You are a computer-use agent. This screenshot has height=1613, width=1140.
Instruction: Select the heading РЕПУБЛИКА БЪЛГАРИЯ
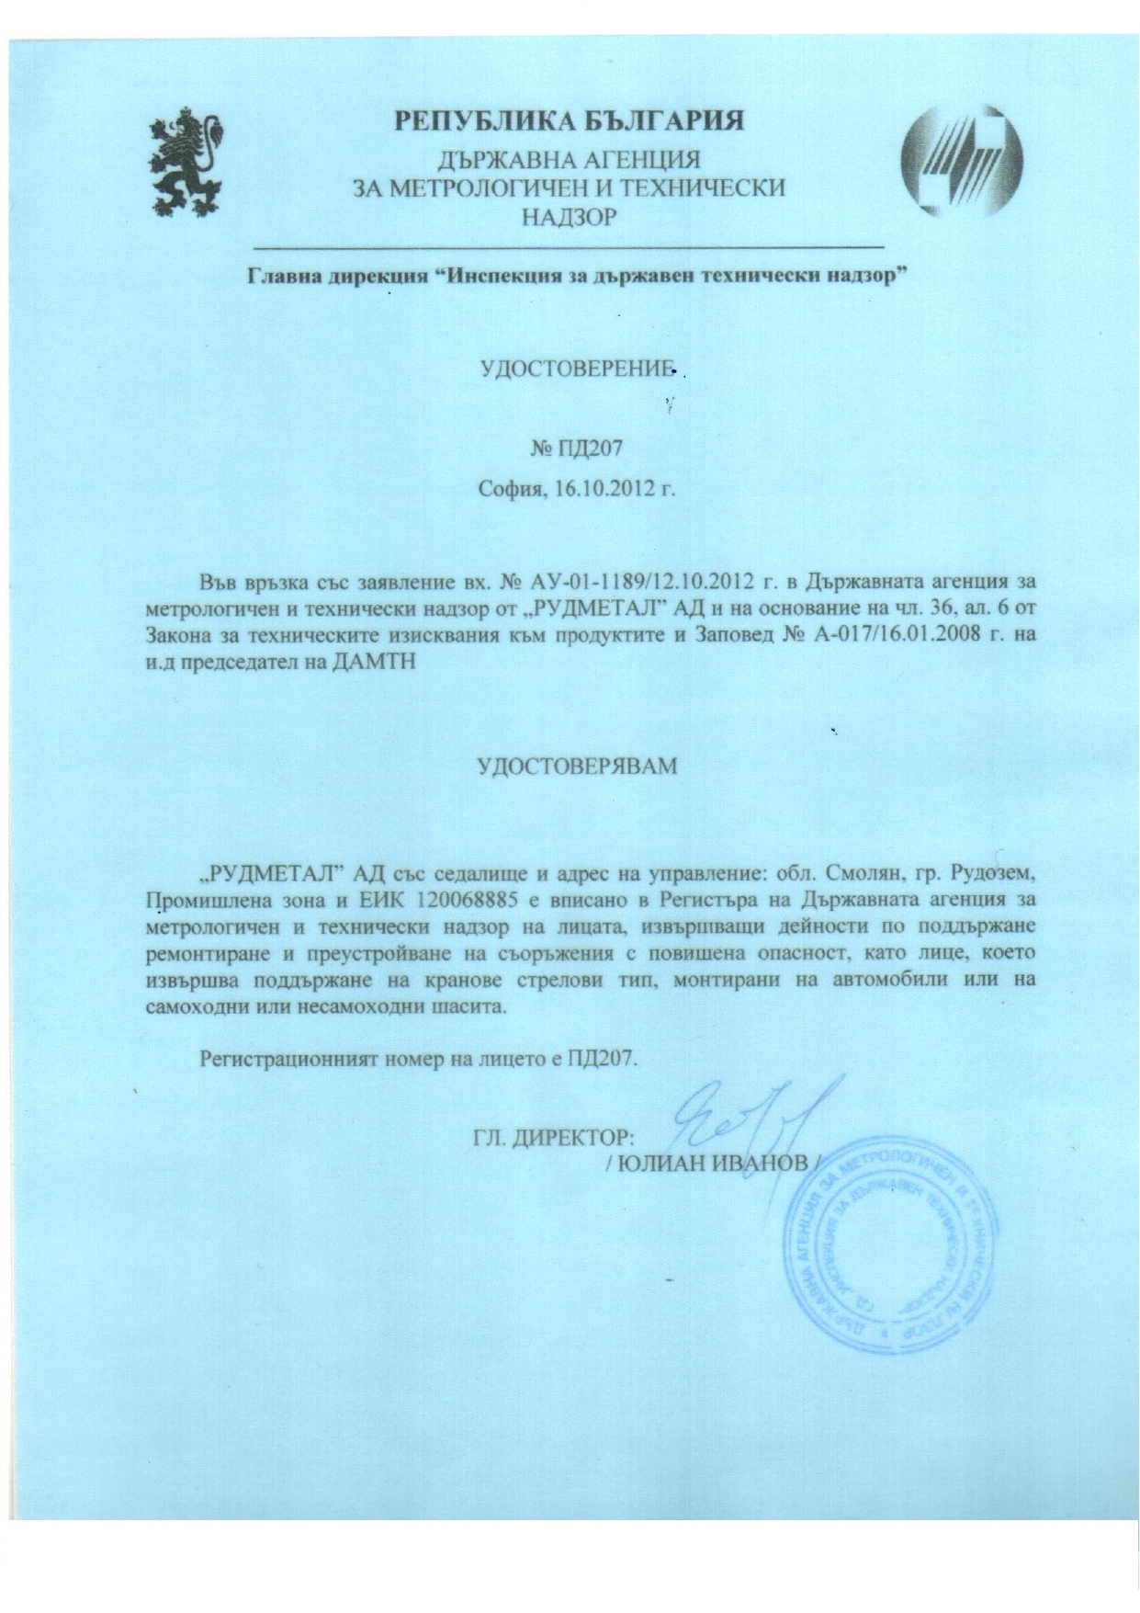[570, 120]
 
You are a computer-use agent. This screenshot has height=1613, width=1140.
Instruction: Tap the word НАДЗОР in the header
[570, 217]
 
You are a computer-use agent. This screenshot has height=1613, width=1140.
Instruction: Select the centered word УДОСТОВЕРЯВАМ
[577, 765]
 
